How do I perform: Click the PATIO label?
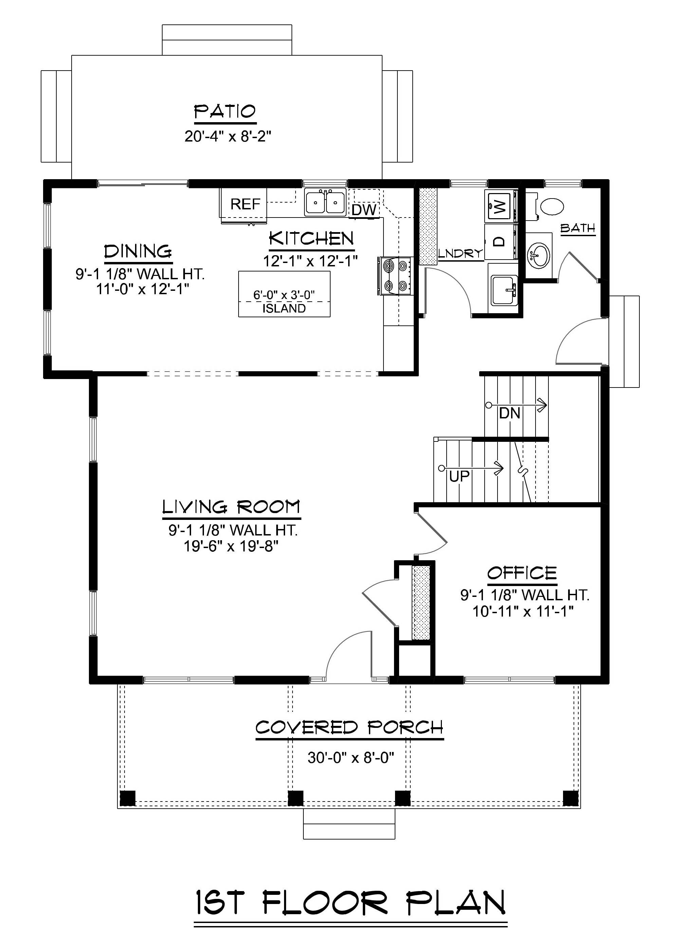click(x=225, y=111)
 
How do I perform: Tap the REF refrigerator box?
click(x=245, y=204)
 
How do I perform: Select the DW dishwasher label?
click(x=364, y=210)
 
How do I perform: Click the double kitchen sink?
click(x=325, y=203)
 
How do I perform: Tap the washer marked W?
click(x=501, y=205)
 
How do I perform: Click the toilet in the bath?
click(x=551, y=206)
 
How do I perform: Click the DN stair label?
click(x=510, y=413)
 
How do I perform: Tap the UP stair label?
click(x=459, y=476)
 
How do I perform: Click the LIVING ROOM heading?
click(x=231, y=507)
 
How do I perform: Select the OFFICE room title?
click(x=522, y=573)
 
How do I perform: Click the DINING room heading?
click(x=138, y=251)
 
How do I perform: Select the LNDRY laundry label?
click(x=461, y=253)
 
